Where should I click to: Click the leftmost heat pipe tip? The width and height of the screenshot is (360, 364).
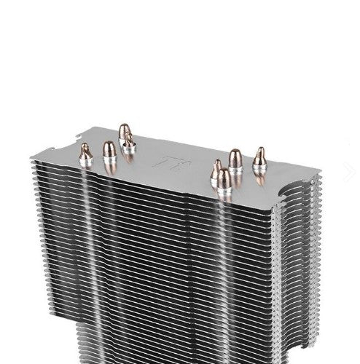(x=85, y=151)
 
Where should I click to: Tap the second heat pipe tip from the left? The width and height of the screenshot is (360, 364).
(x=109, y=151)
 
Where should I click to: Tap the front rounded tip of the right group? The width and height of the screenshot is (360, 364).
(x=224, y=178)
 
